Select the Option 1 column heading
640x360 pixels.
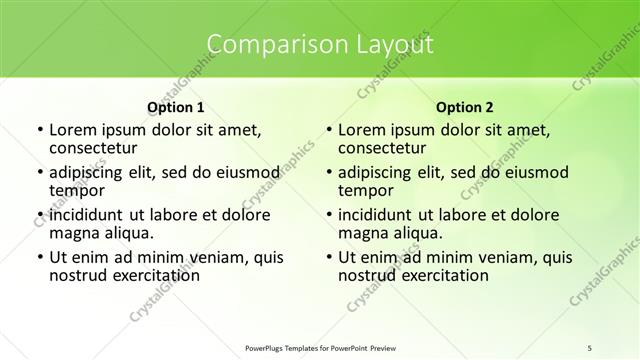[x=175, y=106]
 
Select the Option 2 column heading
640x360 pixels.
[x=465, y=106]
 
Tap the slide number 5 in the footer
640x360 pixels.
[x=590, y=347]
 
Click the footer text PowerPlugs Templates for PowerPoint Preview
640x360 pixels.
[x=319, y=347]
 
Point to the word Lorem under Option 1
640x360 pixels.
[x=75, y=130]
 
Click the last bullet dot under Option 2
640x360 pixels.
[x=328, y=257]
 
